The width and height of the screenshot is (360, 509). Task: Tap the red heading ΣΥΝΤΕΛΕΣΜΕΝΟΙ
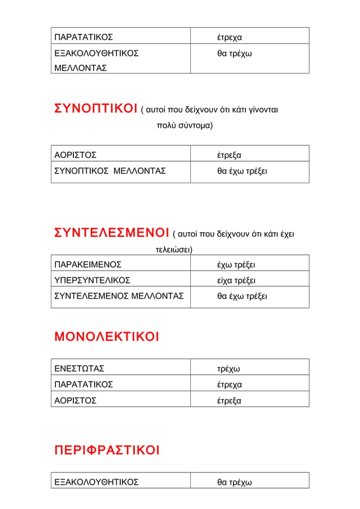112,233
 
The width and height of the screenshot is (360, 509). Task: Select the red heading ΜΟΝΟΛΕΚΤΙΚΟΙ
106,337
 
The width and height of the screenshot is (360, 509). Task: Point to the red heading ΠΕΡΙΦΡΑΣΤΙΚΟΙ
107,450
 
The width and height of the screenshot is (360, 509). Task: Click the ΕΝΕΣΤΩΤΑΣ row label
79,369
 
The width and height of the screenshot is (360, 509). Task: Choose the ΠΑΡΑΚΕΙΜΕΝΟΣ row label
87,265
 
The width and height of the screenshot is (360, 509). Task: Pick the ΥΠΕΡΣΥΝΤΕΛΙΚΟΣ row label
92,280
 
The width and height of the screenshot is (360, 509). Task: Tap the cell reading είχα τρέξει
236,280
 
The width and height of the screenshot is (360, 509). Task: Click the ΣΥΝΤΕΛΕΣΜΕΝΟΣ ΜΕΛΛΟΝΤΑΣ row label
118,296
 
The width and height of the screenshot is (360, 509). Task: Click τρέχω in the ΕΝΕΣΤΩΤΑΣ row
229,369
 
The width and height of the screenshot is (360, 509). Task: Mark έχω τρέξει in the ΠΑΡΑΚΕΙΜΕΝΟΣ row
236,265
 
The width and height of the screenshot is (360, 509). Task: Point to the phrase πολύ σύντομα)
185,125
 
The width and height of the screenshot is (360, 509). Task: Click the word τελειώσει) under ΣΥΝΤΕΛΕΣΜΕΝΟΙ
174,249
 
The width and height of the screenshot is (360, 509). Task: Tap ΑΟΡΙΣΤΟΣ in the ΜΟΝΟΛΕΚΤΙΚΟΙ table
75,401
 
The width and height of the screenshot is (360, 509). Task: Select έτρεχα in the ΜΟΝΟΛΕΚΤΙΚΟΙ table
230,385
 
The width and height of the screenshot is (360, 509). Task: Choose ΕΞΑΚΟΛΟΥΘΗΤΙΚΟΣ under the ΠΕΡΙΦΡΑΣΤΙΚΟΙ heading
96,483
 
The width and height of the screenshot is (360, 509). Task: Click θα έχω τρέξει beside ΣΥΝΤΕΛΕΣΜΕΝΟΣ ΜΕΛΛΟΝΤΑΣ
243,296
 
